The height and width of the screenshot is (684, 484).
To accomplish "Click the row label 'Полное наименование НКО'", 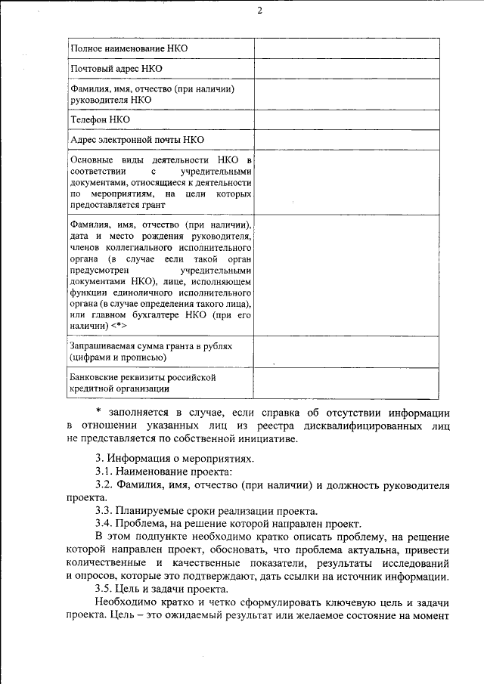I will pyautogui.click(x=129, y=48).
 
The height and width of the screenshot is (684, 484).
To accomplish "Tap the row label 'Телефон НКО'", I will pyautogui.click(x=100, y=119).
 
